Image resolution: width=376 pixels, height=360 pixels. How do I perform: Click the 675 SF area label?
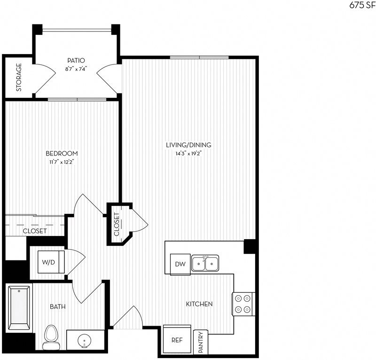(362, 5)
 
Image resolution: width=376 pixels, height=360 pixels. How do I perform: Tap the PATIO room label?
(76, 60)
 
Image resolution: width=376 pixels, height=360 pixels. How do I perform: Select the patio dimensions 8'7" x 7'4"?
(76, 69)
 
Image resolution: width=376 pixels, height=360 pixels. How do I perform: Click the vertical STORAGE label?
(19, 78)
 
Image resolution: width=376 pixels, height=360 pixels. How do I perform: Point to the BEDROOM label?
(62, 154)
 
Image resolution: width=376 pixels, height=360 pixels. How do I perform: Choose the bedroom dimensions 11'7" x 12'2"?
(62, 162)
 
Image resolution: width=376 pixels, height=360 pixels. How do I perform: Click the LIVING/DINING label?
(188, 145)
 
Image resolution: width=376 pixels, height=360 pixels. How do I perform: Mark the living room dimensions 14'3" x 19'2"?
(188, 153)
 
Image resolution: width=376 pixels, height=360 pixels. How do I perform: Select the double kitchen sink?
(205, 264)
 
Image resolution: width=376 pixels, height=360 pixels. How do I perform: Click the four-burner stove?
(243, 303)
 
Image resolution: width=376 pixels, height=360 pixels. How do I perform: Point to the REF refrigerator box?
(177, 340)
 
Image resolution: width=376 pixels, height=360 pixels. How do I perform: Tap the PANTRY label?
(201, 342)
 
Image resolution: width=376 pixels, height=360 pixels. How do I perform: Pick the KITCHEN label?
(199, 304)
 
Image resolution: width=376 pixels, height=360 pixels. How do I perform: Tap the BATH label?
(57, 307)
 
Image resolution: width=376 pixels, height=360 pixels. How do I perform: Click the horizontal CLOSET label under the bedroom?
(34, 231)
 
